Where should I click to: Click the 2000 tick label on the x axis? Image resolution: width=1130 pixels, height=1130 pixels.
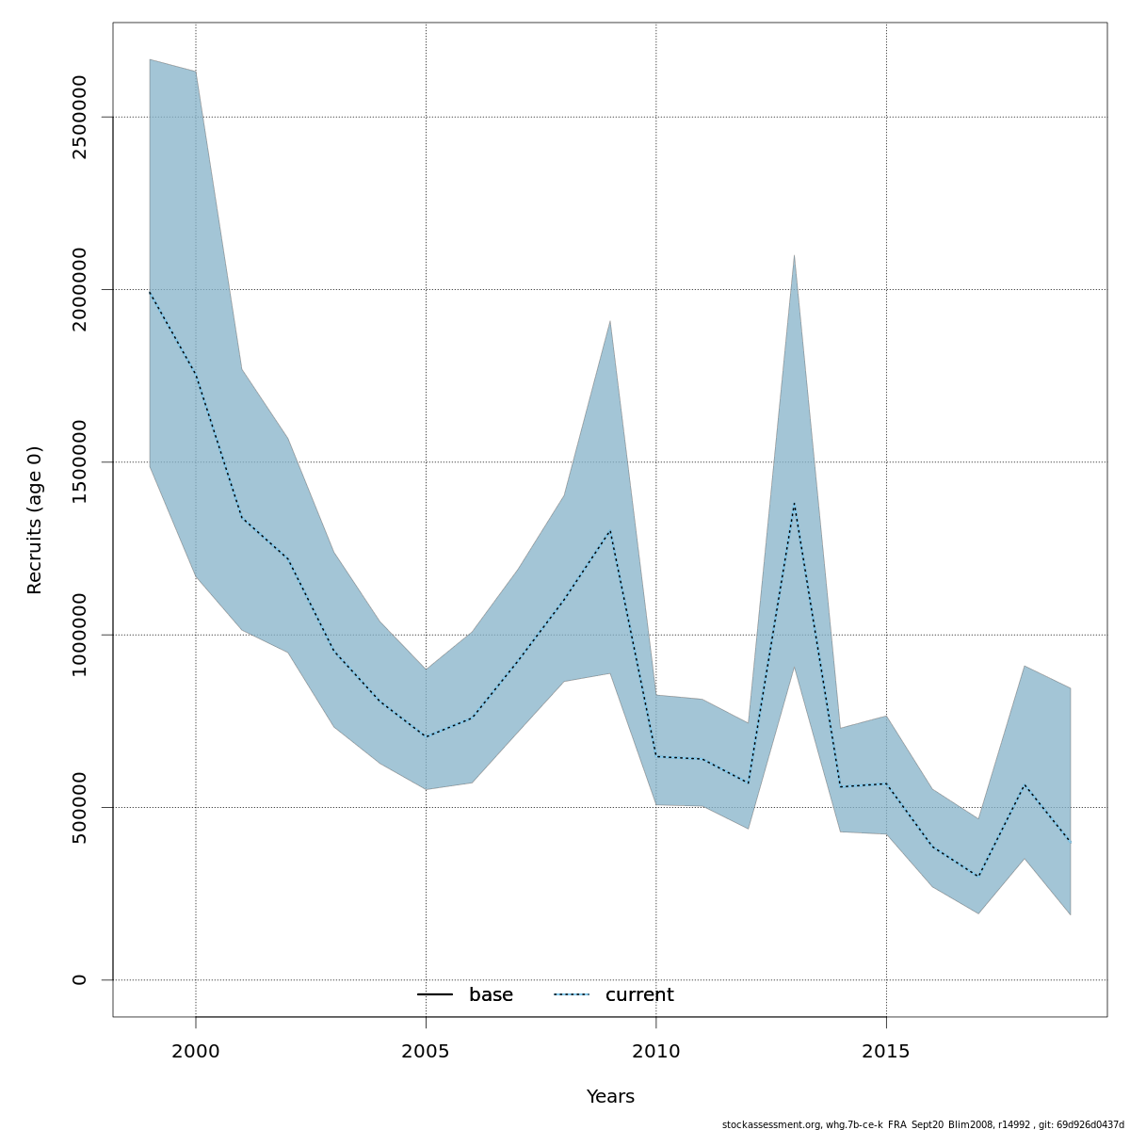coord(195,1051)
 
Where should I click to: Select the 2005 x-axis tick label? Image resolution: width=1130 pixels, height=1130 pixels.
coord(426,1051)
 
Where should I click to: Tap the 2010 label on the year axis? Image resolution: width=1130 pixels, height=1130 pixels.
coord(655,1051)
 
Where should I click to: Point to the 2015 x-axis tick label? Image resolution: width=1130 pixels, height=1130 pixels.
coord(886,1051)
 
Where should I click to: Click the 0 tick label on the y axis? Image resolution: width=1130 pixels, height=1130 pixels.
coord(79,979)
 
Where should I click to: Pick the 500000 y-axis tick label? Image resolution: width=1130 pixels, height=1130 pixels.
coord(79,807)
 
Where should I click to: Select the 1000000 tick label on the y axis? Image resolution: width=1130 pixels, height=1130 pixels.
coord(79,635)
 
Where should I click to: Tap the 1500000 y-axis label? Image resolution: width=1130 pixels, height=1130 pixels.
coord(79,461)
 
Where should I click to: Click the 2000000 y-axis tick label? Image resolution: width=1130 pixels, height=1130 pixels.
coord(79,289)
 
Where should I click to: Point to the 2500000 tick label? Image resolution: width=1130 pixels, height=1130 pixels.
coord(79,117)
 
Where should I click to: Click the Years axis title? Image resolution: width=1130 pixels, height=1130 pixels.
coord(610,1097)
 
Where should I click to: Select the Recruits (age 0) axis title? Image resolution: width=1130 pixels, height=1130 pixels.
coord(35,520)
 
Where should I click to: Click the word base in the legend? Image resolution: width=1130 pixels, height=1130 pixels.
coord(491,995)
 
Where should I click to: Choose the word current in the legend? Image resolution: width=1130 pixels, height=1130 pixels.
coord(639,995)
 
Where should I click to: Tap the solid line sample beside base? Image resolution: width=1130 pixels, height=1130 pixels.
coord(435,995)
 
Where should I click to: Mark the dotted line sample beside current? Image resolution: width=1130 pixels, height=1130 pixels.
coord(572,995)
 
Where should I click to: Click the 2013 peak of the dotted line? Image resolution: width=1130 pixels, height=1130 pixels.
coord(794,504)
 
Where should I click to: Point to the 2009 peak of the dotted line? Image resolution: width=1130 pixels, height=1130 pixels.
coord(610,530)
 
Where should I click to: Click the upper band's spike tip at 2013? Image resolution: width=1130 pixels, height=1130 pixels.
coord(794,255)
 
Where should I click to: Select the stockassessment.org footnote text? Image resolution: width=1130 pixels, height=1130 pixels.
coord(923,1124)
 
